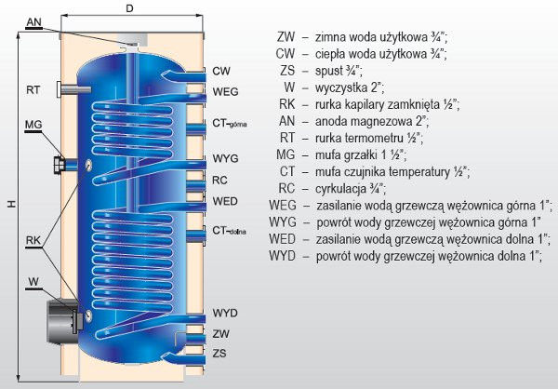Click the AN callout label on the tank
34,22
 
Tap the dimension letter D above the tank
129,8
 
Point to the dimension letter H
12,204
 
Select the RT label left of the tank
33,89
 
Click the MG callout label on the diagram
33,125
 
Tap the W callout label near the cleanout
33,282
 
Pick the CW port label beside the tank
221,71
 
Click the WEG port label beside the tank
225,91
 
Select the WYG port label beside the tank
225,158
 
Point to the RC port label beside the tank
219,181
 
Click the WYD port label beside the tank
225,313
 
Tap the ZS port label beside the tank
219,354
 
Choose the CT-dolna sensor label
229,231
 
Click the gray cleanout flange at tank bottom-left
65,322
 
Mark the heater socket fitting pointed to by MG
60,165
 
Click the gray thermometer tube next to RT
73,89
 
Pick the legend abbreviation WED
282,239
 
